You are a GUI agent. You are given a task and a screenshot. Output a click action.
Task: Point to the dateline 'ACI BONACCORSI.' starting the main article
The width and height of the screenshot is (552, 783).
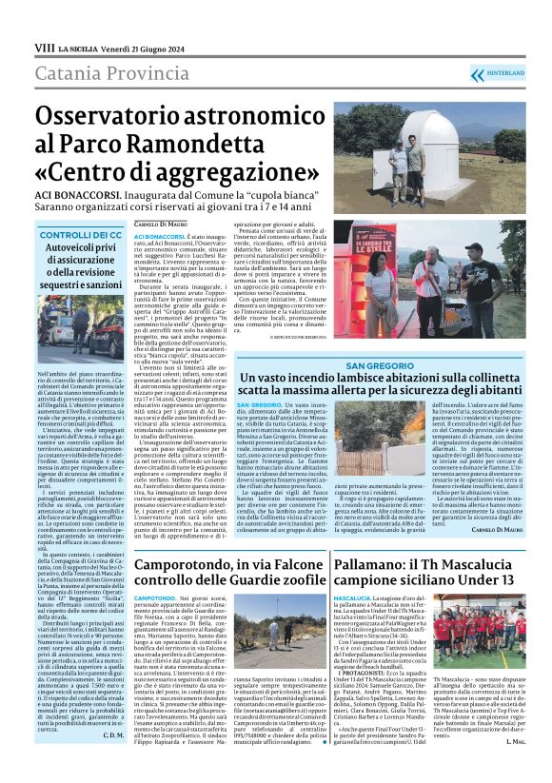point(161,235)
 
